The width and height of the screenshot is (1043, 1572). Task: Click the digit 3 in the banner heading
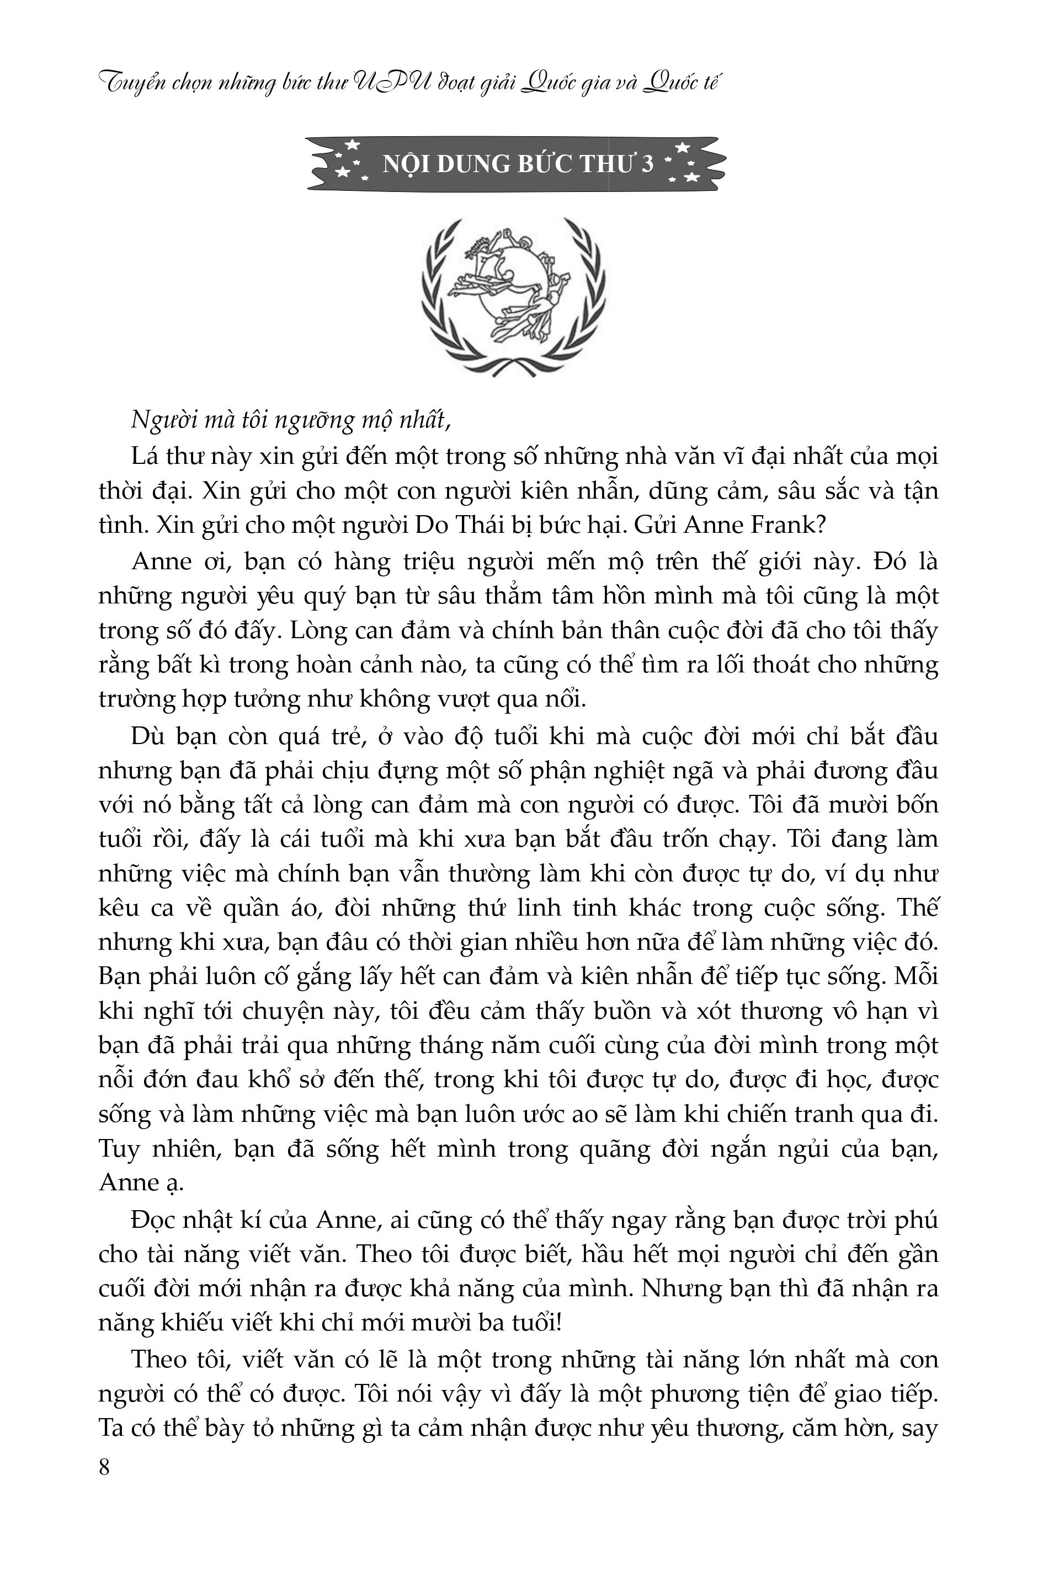pyautogui.click(x=647, y=163)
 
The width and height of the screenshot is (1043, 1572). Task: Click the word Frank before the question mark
pyautogui.click(x=786, y=526)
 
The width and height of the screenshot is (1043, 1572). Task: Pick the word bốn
pyautogui.click(x=917, y=805)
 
